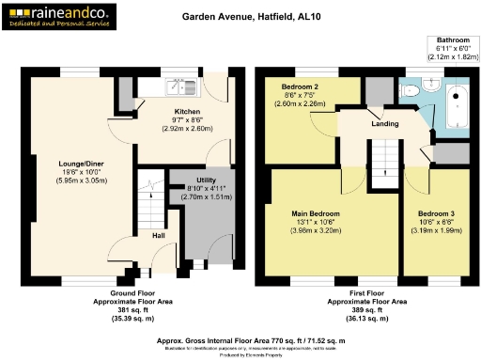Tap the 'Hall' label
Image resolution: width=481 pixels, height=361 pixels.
159,236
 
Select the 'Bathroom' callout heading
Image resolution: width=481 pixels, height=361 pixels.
453,40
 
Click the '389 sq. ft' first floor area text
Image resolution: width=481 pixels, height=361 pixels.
366,311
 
